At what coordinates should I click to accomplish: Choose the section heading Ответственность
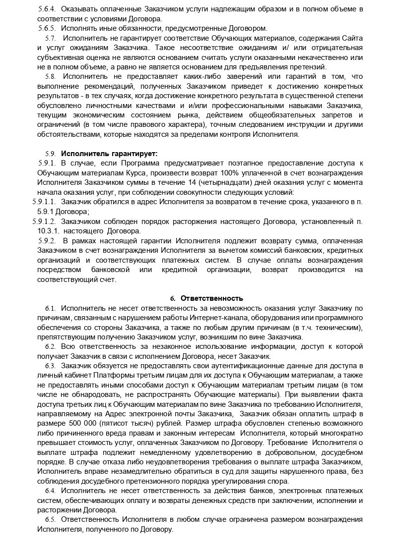click(x=212, y=298)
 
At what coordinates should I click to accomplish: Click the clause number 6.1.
click(x=50, y=308)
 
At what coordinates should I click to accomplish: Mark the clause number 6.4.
click(x=50, y=490)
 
